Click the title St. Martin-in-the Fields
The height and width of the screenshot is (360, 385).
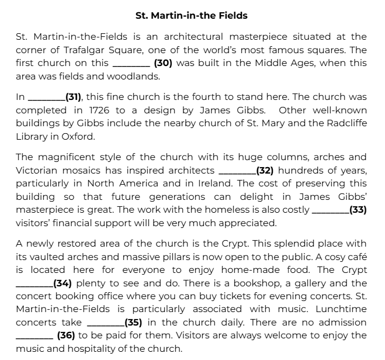191,16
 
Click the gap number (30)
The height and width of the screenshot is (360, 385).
163,63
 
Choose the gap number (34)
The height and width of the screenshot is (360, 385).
62,283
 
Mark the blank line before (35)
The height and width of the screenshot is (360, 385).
105,322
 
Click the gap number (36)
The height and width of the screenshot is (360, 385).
66,335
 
